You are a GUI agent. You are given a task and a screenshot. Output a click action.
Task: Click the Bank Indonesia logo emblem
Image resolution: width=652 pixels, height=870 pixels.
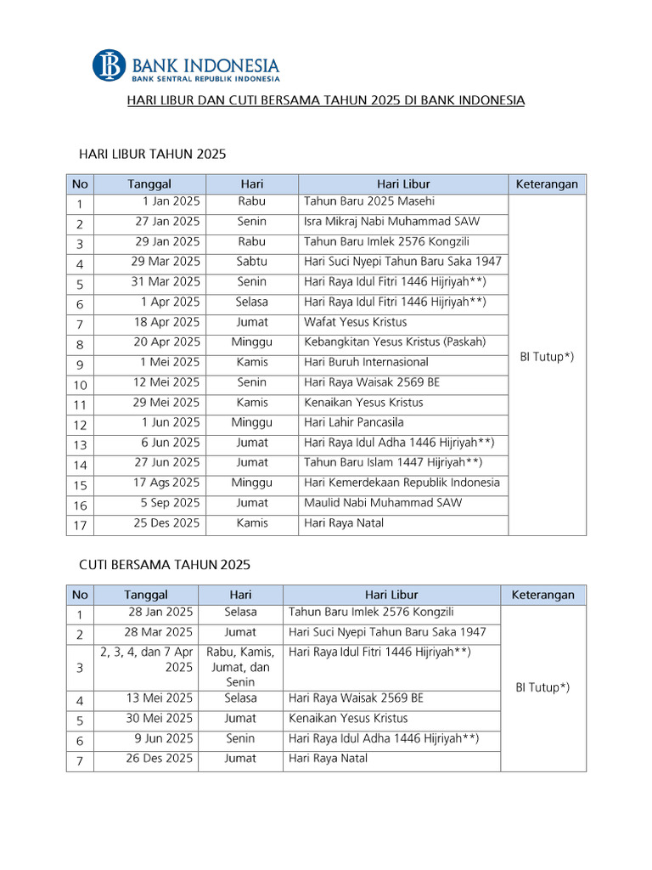click(x=109, y=65)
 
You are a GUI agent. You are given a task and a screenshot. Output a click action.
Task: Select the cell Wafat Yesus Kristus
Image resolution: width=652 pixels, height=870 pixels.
click(x=355, y=322)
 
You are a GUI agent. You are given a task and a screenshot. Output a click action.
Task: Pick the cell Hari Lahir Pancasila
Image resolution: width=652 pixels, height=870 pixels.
click(x=353, y=422)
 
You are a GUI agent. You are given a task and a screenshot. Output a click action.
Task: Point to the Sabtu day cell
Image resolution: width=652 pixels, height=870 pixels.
click(x=251, y=262)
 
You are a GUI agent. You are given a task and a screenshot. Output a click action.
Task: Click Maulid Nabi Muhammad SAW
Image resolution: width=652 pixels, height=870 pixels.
click(x=383, y=503)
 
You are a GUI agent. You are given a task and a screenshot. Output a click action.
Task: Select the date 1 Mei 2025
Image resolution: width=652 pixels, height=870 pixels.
click(x=171, y=362)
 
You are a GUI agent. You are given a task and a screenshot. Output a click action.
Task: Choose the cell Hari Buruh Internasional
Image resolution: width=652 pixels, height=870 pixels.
click(x=366, y=362)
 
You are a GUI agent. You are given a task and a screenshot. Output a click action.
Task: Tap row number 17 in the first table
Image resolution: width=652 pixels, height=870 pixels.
click(x=80, y=525)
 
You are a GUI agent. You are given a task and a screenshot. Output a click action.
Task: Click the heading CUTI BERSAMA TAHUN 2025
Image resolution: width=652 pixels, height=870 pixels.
click(x=165, y=564)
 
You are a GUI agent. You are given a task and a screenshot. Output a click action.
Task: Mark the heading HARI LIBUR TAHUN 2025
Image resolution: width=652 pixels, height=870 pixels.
click(x=152, y=154)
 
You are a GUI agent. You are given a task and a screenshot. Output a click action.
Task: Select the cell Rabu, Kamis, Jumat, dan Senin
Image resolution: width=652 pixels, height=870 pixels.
click(x=240, y=667)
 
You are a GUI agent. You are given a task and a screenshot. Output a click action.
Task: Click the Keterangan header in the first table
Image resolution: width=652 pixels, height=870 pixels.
click(x=547, y=184)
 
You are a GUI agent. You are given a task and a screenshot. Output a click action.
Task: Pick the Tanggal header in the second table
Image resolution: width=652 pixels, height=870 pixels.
click(x=146, y=595)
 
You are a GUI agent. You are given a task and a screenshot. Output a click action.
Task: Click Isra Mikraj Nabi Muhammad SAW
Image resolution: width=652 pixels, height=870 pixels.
click(x=391, y=222)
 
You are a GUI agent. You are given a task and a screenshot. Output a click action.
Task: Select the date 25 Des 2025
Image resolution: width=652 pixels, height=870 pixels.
click(x=166, y=523)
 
